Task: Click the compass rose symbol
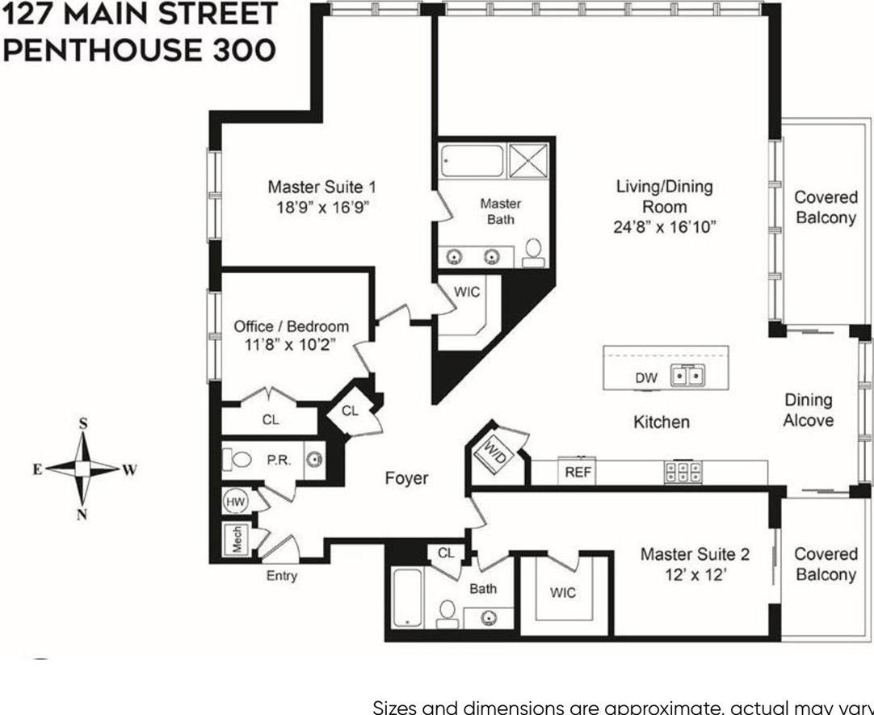click(x=82, y=468)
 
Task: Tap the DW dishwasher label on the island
click(x=647, y=377)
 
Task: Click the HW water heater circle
click(x=236, y=502)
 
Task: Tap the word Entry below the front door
click(x=281, y=576)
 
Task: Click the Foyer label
click(x=406, y=478)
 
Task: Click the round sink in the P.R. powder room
click(x=314, y=461)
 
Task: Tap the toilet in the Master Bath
click(x=533, y=253)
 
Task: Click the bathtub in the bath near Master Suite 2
click(x=406, y=596)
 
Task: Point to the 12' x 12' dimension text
click(x=695, y=574)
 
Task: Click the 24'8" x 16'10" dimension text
click(x=665, y=227)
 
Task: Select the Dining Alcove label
click(x=808, y=410)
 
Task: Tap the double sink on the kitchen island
click(x=689, y=376)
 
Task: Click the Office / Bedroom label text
click(x=291, y=326)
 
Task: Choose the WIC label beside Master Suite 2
click(x=563, y=592)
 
